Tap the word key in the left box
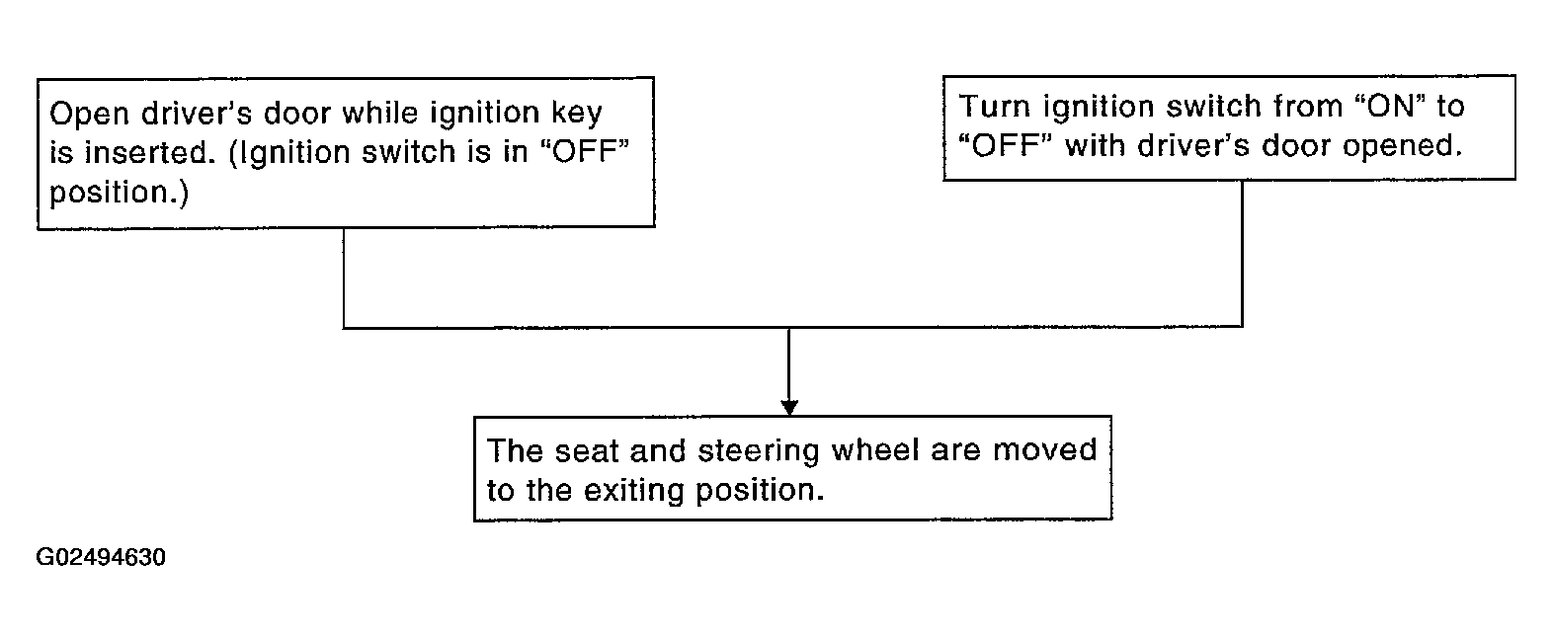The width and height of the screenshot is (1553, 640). coord(577,114)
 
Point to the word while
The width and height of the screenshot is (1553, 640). coord(379,113)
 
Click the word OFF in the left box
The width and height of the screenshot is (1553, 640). coord(585,152)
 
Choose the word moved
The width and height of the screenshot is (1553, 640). coord(1045,450)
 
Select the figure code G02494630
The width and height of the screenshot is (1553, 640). coord(101,557)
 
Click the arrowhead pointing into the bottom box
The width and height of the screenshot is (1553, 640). coord(789,408)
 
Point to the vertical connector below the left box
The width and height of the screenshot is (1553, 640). coord(343,278)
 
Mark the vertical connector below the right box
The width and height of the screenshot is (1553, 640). coord(1242,254)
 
